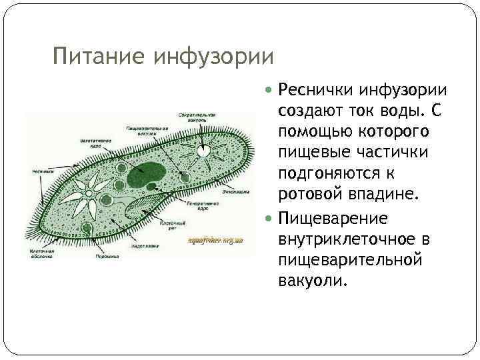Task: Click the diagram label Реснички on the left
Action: pos(43,171)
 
